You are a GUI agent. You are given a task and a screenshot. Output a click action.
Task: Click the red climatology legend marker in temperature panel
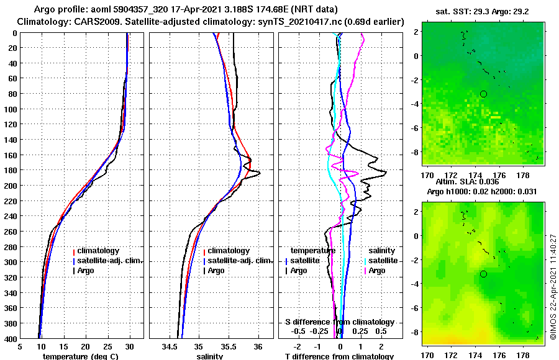click(74, 251)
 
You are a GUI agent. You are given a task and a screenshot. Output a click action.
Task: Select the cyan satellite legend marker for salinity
click(365, 261)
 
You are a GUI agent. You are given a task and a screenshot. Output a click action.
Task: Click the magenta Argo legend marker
click(365, 271)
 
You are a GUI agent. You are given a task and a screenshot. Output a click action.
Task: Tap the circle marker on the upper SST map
click(483, 94)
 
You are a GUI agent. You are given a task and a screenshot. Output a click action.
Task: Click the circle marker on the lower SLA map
click(483, 274)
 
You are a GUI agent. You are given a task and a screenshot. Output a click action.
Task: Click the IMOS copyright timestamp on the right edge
click(553, 287)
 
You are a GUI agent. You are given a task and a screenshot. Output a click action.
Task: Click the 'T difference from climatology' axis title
click(339, 356)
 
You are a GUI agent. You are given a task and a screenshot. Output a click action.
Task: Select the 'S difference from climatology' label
click(340, 322)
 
